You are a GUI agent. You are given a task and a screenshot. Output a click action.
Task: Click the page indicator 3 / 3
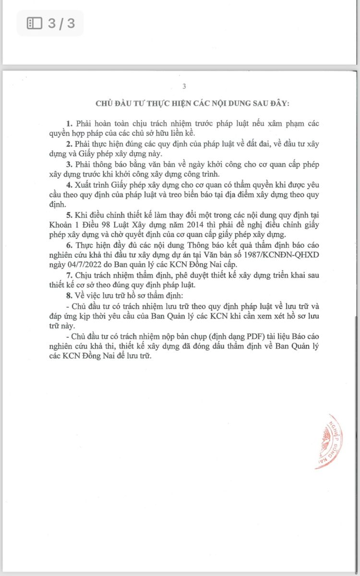[x=61, y=23]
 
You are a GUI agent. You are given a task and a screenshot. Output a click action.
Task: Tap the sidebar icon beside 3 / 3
[x=35, y=23]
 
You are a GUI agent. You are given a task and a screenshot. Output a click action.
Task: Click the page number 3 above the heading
[x=184, y=86]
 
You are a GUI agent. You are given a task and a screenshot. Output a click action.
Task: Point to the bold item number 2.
[x=69, y=144]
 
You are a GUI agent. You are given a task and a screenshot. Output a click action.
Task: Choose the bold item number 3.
[x=69, y=165]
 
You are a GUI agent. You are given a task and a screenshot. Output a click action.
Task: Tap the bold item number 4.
[x=69, y=185]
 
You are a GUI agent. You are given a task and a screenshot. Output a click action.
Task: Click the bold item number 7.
[x=69, y=274]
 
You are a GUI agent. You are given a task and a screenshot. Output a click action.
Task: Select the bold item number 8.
[x=69, y=294]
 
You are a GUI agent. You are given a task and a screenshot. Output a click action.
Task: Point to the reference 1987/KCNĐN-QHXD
[x=278, y=254]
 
